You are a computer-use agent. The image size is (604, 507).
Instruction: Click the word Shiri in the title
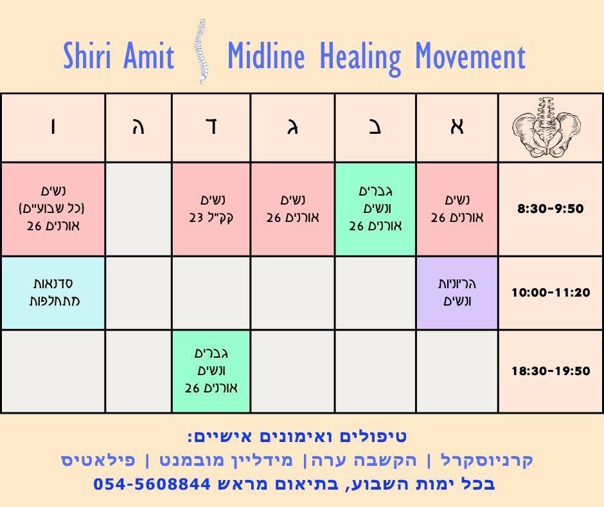87,55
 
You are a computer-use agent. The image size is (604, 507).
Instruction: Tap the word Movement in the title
470,57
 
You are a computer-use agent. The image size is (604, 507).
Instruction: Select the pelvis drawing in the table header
547,127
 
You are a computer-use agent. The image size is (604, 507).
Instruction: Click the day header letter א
457,127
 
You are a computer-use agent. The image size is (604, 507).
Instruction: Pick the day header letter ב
375,127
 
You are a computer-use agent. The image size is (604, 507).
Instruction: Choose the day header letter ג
292,127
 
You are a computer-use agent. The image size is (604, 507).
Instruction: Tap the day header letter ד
211,127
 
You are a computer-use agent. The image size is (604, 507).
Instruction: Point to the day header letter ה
138,127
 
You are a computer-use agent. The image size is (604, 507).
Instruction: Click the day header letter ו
53,127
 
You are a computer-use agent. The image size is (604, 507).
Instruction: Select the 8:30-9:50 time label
551,208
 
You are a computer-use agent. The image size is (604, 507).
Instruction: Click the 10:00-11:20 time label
551,293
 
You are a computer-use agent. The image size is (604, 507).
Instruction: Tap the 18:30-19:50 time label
551,371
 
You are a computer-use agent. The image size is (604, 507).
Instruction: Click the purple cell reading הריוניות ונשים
457,293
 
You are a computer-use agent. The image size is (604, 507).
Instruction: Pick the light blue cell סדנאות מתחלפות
53,293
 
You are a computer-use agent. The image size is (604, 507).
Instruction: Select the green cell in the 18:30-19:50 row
211,371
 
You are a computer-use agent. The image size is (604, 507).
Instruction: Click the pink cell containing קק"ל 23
211,208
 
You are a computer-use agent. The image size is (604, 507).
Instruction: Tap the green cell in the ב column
375,208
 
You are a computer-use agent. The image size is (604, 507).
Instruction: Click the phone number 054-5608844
152,484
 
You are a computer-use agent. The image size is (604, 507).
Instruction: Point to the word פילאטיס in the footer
98,460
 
